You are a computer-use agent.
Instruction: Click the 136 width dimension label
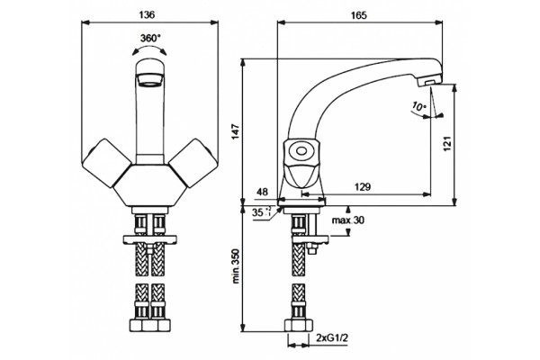[147, 14]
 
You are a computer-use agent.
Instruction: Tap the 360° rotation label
[150, 38]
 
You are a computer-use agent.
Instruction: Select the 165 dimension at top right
[359, 15]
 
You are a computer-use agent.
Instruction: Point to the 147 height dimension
[235, 130]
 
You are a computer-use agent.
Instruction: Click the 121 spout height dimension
[446, 144]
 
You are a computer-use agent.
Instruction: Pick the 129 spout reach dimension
[363, 187]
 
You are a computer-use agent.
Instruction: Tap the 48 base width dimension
[262, 192]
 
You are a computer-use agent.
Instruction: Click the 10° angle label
[418, 106]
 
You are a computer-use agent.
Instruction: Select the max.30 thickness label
[347, 220]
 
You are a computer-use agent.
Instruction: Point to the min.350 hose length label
[235, 266]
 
